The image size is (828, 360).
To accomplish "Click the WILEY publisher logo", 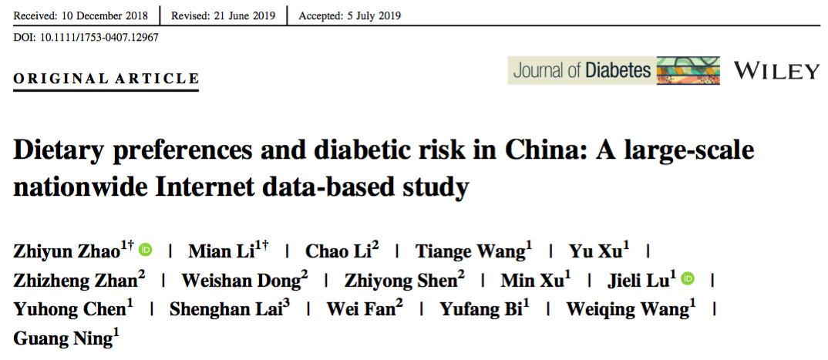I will [x=777, y=72].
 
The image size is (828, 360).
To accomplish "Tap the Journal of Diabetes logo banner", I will [x=613, y=71].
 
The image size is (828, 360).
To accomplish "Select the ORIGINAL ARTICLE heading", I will [x=106, y=79].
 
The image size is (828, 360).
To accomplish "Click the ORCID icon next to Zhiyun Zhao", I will [x=146, y=250].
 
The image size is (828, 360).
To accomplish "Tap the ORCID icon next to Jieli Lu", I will [x=688, y=278].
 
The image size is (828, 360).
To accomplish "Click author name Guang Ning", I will [x=62, y=338].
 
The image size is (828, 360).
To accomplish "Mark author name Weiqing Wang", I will [x=627, y=309].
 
